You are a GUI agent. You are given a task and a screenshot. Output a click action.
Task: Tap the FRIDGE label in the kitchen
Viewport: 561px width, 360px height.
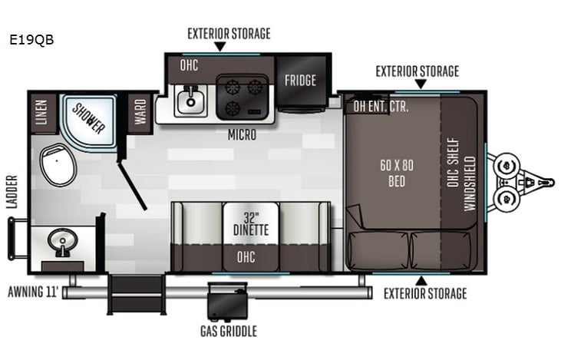click(x=300, y=80)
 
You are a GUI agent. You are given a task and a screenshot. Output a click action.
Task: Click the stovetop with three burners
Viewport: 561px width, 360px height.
click(x=242, y=97)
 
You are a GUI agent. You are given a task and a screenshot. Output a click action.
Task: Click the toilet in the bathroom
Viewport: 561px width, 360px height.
click(x=58, y=163)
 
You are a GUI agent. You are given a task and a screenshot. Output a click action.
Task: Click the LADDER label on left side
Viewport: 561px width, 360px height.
click(x=12, y=193)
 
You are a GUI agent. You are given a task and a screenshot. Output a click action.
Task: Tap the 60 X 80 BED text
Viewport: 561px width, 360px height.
click(x=397, y=173)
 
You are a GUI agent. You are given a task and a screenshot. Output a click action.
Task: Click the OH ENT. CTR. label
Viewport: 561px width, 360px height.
click(x=381, y=107)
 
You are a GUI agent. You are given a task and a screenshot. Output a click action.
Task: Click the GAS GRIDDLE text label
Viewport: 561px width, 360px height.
click(x=229, y=332)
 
